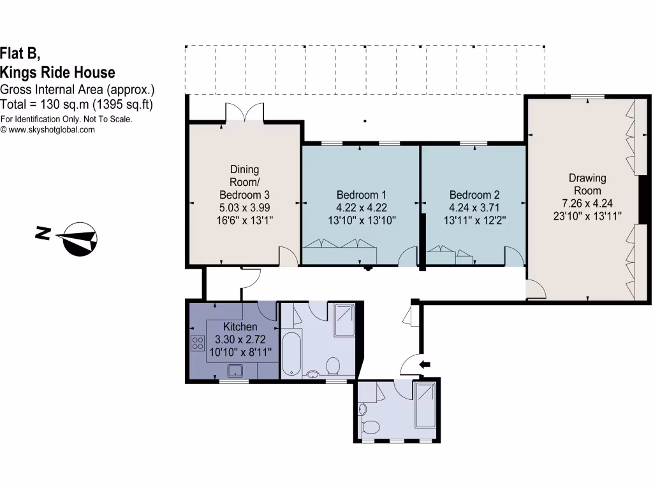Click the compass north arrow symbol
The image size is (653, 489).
pyautogui.click(x=78, y=239)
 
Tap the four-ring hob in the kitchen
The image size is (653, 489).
pyautogui.click(x=196, y=343)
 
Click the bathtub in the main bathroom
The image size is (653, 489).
pyautogui.click(x=290, y=353)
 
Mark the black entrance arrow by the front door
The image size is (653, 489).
pyautogui.click(x=424, y=364)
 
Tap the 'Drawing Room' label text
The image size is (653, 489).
pyautogui.click(x=587, y=184)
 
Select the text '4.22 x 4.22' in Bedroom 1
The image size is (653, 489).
pyautogui.click(x=361, y=207)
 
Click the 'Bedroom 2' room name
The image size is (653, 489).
pyautogui.click(x=474, y=195)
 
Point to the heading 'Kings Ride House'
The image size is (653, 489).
pyautogui.click(x=58, y=71)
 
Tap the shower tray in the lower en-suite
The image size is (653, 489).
pyautogui.click(x=425, y=405)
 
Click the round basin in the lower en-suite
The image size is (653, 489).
pyautogui.click(x=363, y=409)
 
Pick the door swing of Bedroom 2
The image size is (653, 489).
pyautogui.click(x=513, y=257)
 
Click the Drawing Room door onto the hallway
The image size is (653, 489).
pyautogui.click(x=536, y=290)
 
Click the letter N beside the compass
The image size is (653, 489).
pyautogui.click(x=43, y=234)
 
